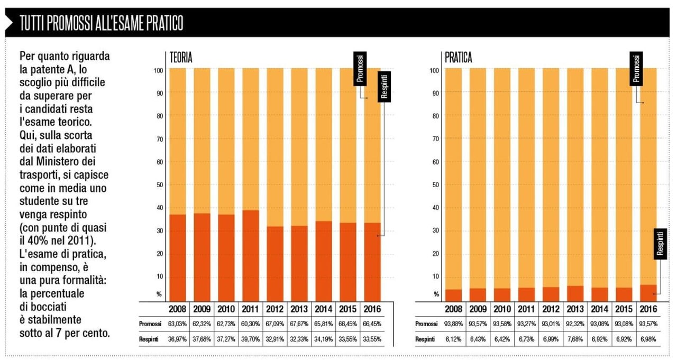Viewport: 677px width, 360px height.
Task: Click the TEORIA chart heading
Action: click(180, 58)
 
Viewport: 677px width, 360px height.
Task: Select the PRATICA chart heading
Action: click(458, 58)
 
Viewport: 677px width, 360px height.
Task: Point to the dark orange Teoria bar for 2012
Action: click(275, 263)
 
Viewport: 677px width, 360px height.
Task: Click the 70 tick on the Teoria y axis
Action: click(160, 139)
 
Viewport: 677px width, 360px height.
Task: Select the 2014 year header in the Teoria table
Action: click(324, 309)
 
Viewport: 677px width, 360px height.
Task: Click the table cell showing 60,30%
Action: click(250, 324)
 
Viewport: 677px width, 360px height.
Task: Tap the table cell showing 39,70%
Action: click(250, 339)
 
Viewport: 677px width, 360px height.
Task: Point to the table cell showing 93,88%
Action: click(453, 324)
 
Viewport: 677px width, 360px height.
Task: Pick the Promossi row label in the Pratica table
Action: click(426, 324)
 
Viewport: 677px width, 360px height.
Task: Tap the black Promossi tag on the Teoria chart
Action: click(360, 68)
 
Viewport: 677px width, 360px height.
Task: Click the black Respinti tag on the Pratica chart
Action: click(660, 243)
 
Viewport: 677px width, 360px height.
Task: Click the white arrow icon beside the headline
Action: click(9, 23)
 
